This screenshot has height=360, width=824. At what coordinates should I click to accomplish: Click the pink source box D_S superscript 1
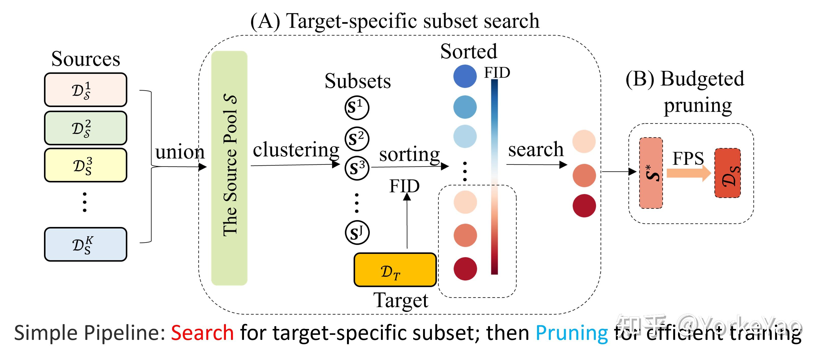click(85, 90)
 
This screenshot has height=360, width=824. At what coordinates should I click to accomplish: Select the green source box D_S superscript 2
click(85, 128)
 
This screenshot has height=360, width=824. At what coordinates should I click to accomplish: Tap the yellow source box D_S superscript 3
click(85, 165)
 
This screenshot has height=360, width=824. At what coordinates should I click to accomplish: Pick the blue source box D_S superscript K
click(85, 244)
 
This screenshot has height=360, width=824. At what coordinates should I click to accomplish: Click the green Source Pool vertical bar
click(229, 168)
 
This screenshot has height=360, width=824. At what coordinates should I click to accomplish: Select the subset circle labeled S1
click(357, 108)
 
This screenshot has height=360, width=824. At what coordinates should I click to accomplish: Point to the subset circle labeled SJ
click(357, 232)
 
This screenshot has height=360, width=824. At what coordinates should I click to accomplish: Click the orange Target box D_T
click(395, 269)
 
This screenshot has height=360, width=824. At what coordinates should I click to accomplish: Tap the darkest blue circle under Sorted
click(465, 76)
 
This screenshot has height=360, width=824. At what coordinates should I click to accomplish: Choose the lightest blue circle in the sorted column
click(465, 136)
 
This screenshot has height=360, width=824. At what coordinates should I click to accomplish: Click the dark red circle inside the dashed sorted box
click(465, 269)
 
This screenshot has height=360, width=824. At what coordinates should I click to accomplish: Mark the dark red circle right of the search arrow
click(584, 206)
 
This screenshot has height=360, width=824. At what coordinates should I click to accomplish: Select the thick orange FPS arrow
click(689, 173)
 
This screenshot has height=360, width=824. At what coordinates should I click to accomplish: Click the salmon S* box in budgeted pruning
click(651, 173)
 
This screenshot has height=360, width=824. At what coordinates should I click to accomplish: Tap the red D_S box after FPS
click(727, 173)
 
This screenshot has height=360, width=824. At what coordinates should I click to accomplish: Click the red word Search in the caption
click(202, 333)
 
